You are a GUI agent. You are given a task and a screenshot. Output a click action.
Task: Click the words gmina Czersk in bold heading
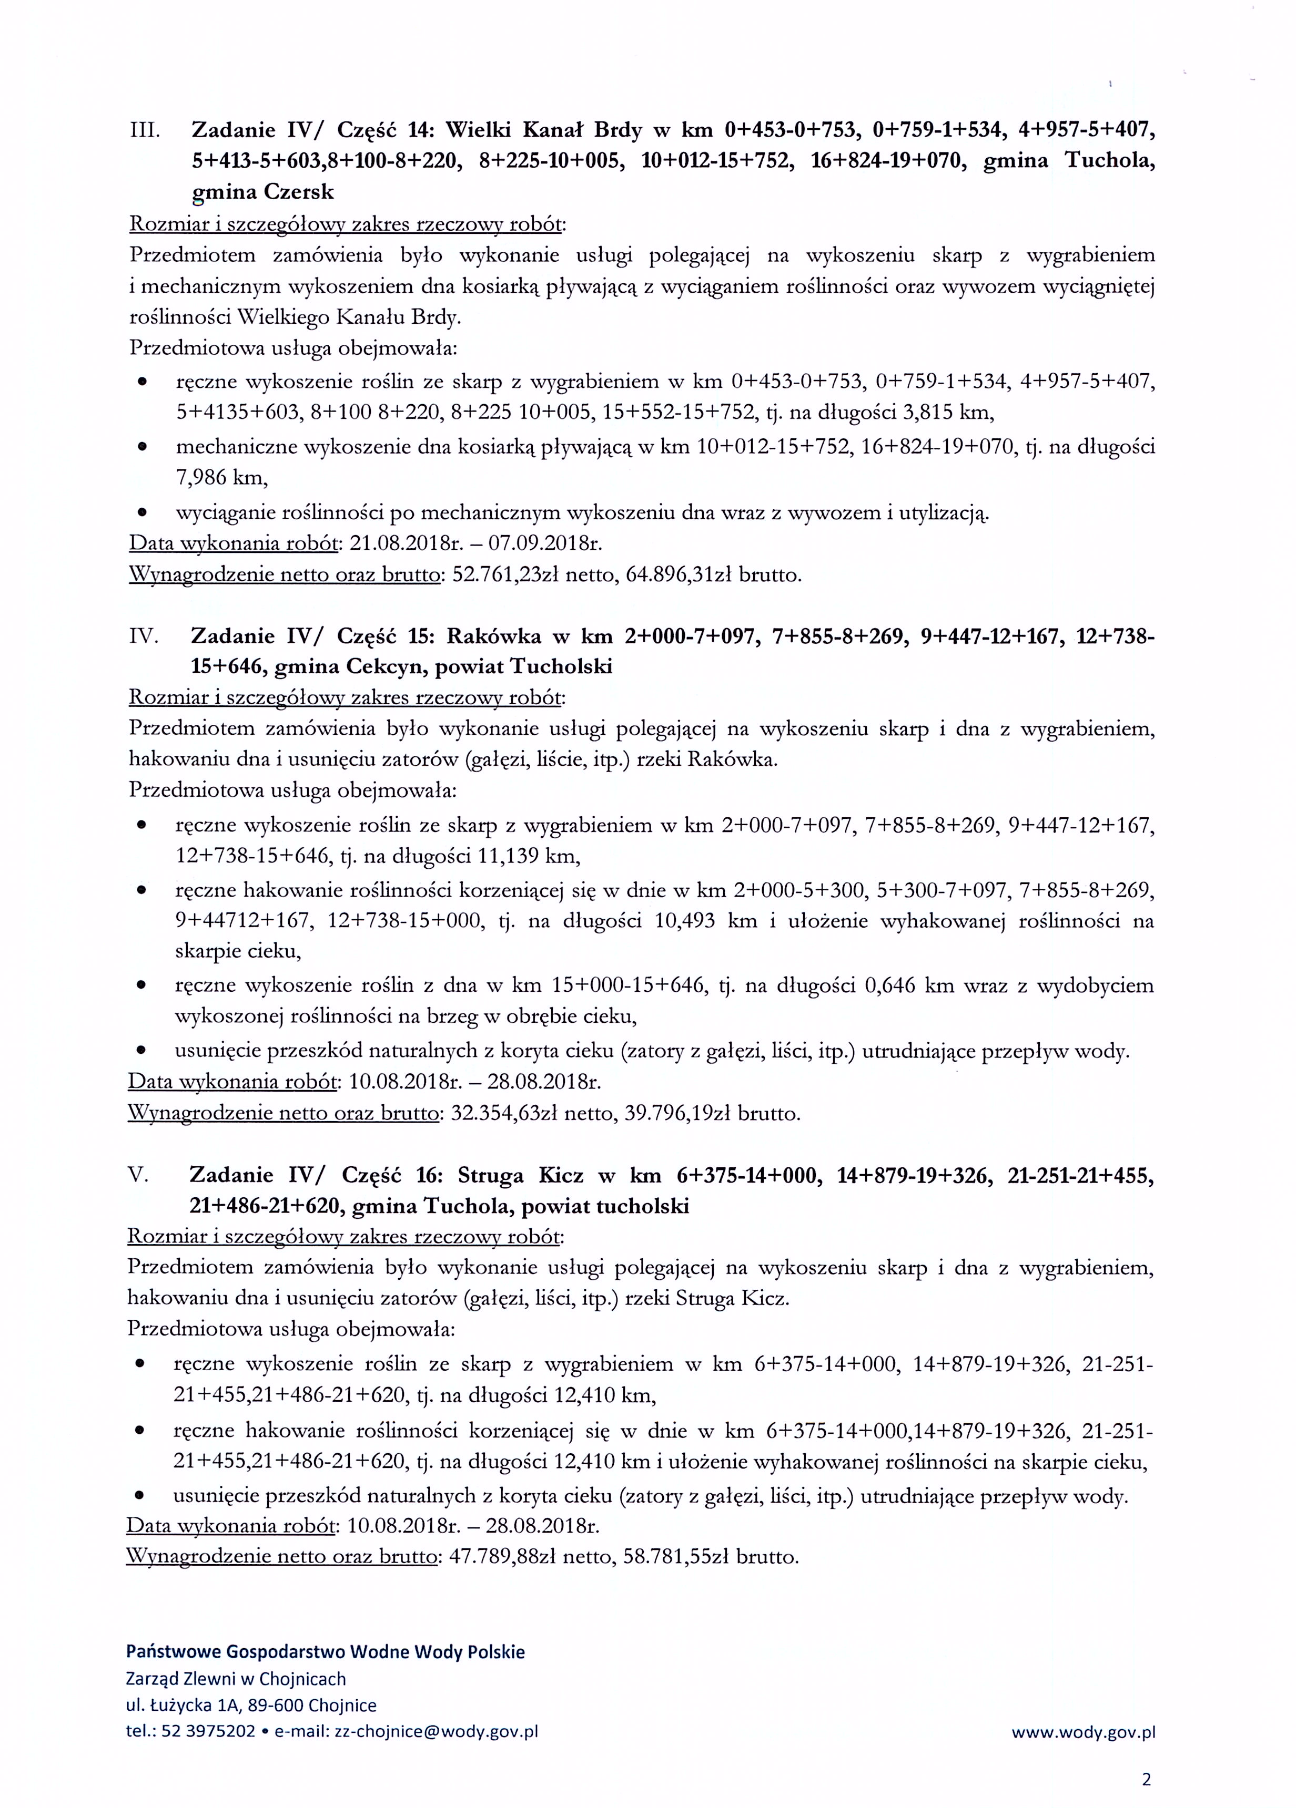[x=262, y=192]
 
